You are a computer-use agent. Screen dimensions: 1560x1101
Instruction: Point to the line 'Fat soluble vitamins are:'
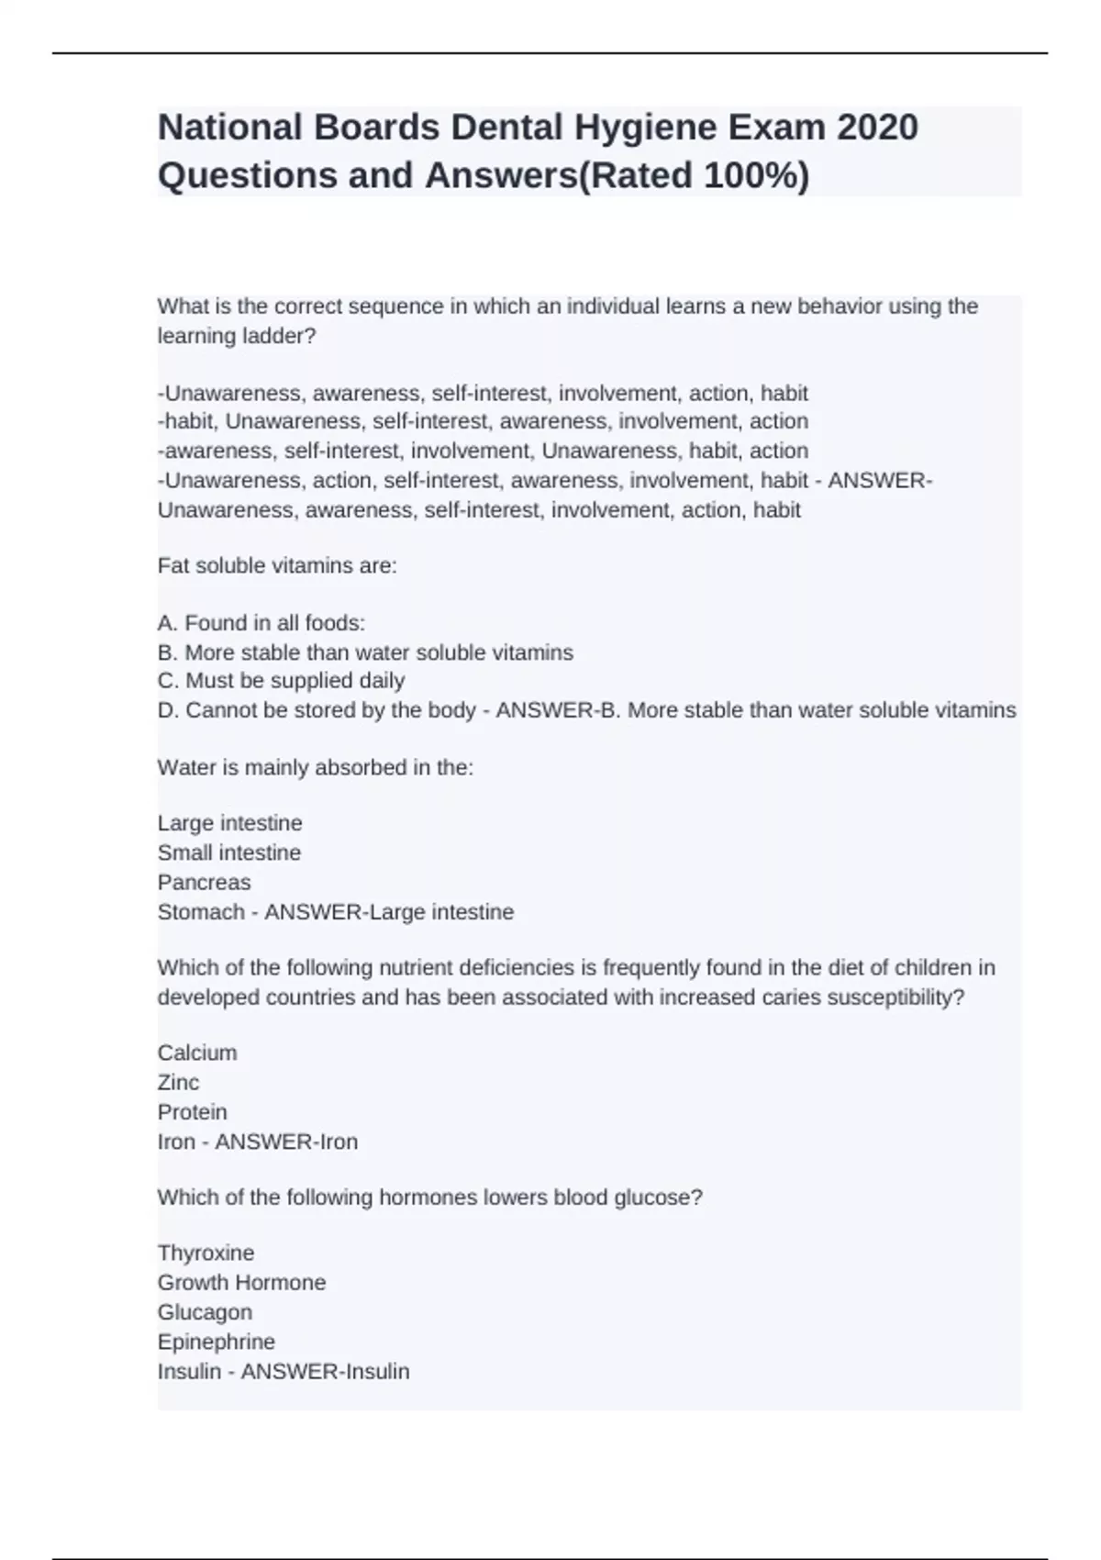point(277,565)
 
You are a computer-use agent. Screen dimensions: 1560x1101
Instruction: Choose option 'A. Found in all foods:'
point(261,623)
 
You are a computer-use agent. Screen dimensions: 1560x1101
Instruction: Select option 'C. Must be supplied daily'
point(281,681)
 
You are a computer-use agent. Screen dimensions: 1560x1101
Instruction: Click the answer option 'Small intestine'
point(229,852)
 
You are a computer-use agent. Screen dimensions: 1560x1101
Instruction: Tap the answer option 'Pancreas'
point(204,882)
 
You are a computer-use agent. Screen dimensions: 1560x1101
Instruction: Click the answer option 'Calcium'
point(197,1053)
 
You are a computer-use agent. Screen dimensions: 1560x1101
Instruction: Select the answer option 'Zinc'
point(178,1082)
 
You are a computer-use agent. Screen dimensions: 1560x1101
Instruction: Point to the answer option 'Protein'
point(192,1112)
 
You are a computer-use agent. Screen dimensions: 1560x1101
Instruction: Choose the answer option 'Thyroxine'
point(206,1253)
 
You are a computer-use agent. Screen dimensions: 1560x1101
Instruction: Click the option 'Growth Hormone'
point(241,1282)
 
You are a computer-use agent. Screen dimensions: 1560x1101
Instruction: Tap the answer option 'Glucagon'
point(205,1312)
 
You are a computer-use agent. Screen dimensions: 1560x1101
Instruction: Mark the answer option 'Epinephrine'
point(216,1342)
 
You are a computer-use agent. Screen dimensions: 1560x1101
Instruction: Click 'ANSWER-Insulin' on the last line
point(325,1371)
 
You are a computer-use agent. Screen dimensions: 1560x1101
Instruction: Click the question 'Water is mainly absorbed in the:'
point(316,767)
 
